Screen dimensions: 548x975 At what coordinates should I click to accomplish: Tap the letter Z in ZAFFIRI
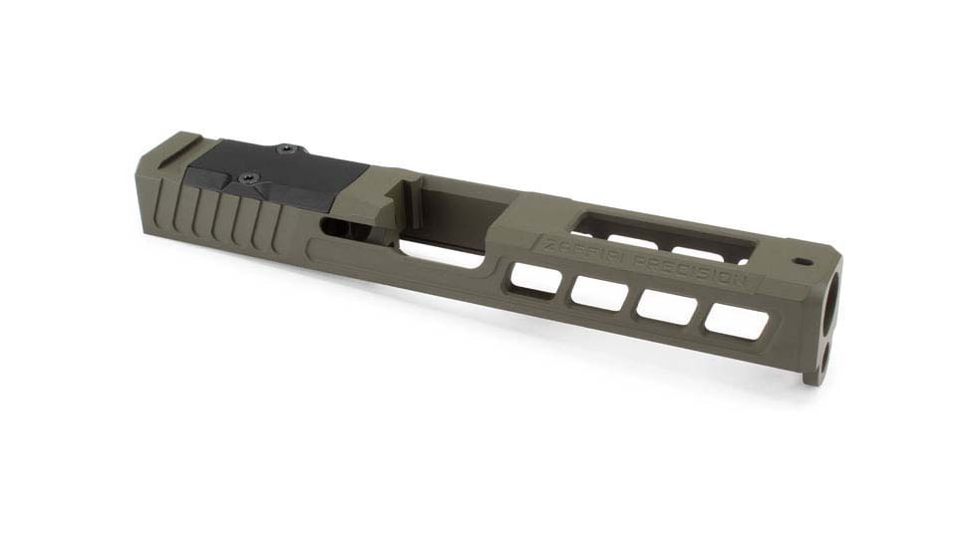coord(542,244)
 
